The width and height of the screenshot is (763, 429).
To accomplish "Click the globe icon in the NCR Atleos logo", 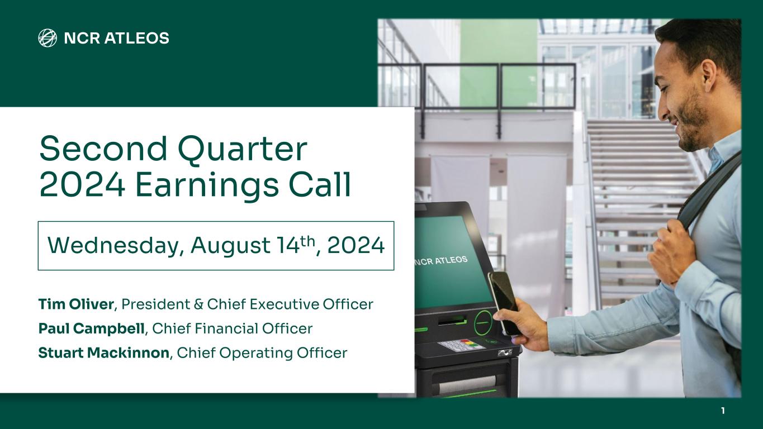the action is (48, 38).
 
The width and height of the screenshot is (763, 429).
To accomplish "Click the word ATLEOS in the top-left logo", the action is (136, 38).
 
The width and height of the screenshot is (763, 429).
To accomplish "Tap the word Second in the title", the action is (103, 149).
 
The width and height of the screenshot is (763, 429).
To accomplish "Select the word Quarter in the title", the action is (243, 150).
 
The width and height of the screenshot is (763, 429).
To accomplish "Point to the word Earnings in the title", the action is (207, 185).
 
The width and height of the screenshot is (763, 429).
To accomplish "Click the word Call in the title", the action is (320, 184).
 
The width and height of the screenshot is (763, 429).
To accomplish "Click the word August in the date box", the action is (231, 246).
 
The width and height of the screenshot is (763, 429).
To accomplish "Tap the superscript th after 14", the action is (308, 241).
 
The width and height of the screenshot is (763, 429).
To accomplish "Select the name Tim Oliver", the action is (76, 304).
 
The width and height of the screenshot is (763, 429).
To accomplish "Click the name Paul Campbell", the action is (91, 329).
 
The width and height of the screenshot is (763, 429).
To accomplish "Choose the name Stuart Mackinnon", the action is (103, 352).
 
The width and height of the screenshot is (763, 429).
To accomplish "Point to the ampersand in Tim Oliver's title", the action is (198, 304).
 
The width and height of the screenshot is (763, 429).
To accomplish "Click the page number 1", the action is (723, 411).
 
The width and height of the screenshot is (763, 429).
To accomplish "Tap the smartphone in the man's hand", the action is (504, 302).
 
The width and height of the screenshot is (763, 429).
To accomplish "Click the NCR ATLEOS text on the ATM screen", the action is (442, 261).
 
